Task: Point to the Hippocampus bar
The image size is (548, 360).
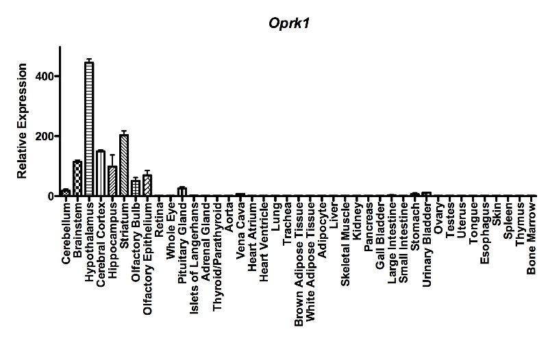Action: point(112,181)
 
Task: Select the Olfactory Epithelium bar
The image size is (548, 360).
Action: point(147,185)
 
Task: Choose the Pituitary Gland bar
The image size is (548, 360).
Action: point(182,192)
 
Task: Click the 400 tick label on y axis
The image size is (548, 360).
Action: point(46,76)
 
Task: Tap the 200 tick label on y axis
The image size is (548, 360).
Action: point(46,136)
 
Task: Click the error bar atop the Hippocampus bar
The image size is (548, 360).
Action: point(112,159)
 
